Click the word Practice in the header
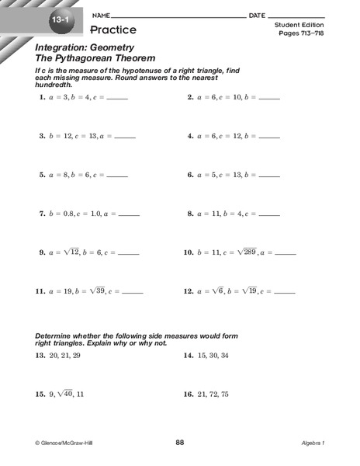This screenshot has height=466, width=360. pyautogui.click(x=112, y=30)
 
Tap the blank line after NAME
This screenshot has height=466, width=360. pyautogui.click(x=178, y=16)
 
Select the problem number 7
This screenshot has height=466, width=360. pyautogui.click(x=41, y=214)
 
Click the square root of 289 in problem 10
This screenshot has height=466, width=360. pyautogui.click(x=247, y=252)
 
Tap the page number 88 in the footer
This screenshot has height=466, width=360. pyautogui.click(x=180, y=443)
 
